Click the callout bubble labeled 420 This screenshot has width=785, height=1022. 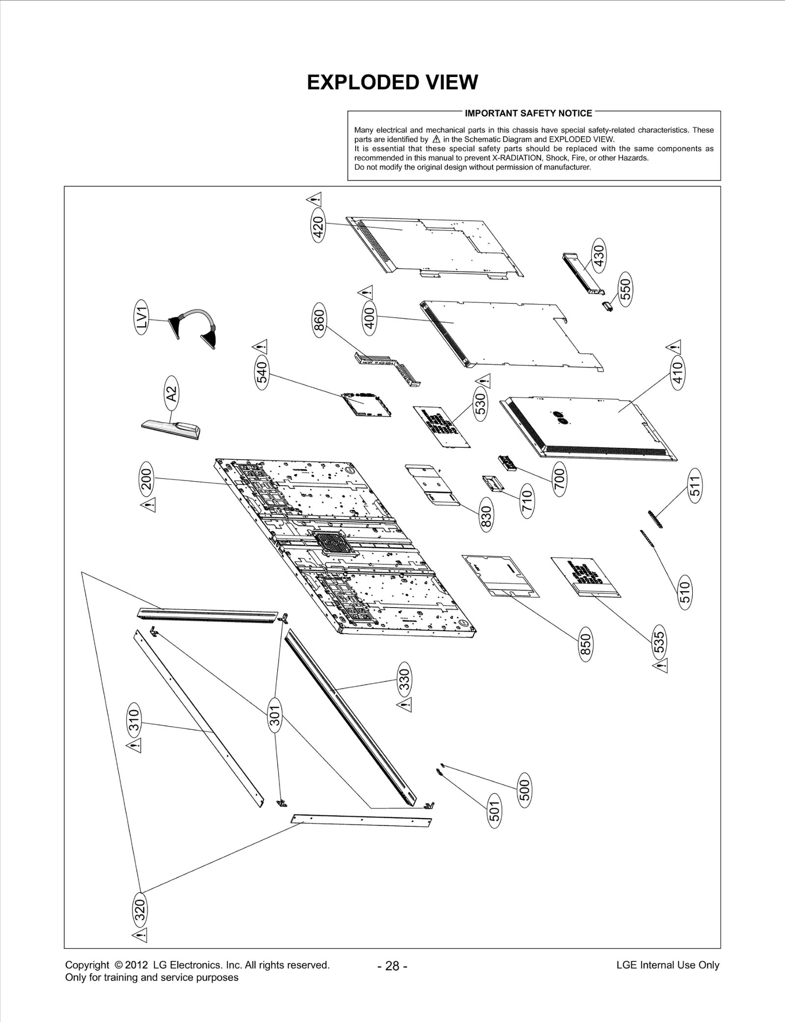coord(318,227)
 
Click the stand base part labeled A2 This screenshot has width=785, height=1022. coord(172,431)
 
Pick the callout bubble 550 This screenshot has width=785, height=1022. coord(626,289)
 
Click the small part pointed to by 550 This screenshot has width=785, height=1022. coord(607,306)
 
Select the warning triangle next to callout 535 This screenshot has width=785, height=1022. coord(661,666)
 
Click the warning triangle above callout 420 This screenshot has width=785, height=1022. coord(314,199)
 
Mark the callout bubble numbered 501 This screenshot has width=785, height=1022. coord(495,811)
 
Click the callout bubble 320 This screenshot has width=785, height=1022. coord(140,910)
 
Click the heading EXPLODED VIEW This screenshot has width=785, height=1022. coord(392,82)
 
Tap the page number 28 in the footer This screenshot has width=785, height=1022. coord(392,966)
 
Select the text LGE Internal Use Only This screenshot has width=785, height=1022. coord(667,965)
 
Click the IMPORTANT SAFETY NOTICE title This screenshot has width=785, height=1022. coord(528,113)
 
